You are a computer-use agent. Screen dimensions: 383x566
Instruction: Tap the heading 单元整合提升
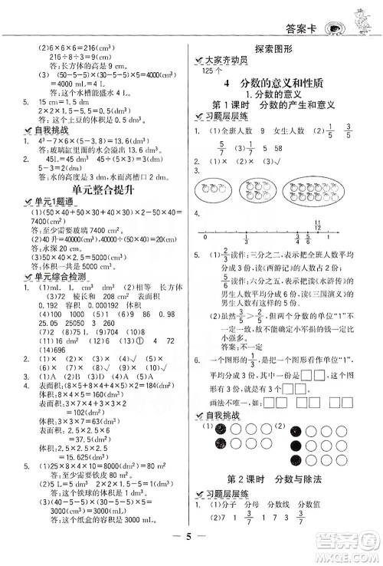coord(97,186)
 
